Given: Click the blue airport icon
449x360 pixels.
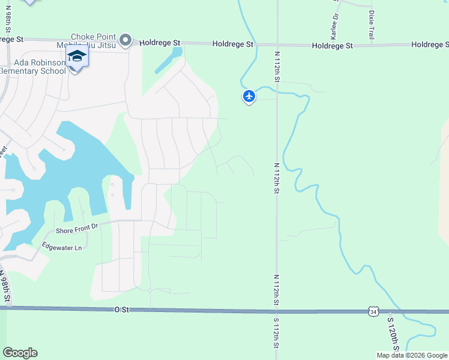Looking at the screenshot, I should coord(249,96).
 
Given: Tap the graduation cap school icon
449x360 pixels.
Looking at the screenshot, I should coord(77,57).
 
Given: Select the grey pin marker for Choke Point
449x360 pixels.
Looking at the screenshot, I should coord(125,40).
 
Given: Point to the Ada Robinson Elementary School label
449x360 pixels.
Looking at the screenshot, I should coord(32,67).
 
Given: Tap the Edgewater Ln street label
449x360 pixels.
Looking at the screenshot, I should coord(61,246).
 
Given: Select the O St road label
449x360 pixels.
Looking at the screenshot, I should coord(121,310).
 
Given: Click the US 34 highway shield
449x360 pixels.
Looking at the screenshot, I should coord(373,311).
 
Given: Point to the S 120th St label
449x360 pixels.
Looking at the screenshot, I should coord(393,334).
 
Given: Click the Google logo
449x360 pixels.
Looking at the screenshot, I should coord(20,353).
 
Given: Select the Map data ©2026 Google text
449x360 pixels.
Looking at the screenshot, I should coord(412,355).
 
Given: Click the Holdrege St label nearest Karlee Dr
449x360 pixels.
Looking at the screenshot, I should coord(332,46).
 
